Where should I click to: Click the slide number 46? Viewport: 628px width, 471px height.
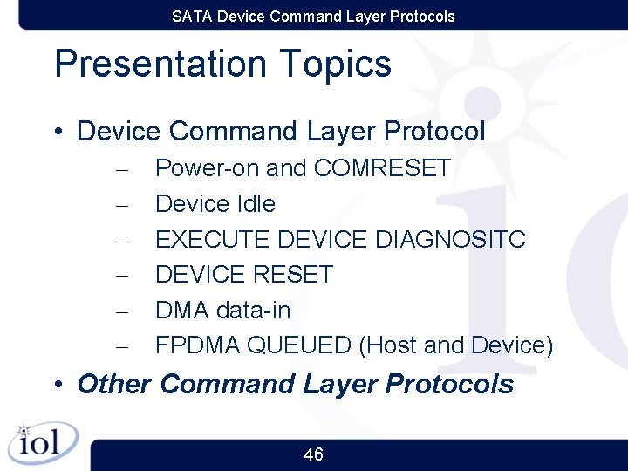click(x=313, y=454)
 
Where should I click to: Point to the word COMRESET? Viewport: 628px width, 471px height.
click(x=382, y=167)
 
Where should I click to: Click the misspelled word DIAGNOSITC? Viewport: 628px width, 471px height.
click(x=450, y=239)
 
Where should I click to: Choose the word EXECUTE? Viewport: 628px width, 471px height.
click(x=212, y=239)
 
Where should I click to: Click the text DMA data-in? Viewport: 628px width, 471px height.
click(x=222, y=311)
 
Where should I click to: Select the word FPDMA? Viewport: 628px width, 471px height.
click(x=198, y=345)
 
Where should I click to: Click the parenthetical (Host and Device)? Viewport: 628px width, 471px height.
click(x=456, y=345)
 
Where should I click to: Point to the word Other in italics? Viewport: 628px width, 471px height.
click(x=114, y=384)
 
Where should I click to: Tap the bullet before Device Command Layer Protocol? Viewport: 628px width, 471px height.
click(x=58, y=133)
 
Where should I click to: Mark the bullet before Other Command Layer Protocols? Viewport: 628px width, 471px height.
click(x=58, y=385)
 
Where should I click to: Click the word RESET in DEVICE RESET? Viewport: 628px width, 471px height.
click(x=292, y=275)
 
